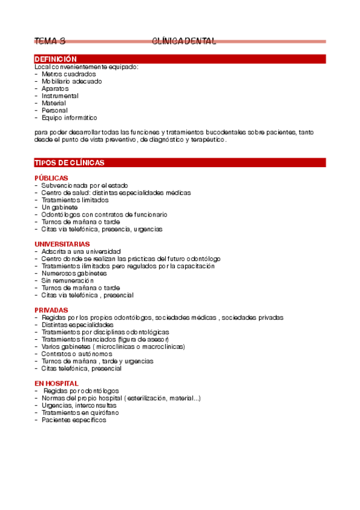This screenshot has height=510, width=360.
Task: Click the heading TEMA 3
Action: [50, 41]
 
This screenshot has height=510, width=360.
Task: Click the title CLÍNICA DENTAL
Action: [184, 41]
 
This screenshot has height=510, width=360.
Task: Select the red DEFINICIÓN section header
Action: [56, 59]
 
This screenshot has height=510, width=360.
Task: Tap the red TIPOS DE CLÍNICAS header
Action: [70, 163]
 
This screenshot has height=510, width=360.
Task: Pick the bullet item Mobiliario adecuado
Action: [72, 81]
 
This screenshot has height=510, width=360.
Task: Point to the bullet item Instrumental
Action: [60, 96]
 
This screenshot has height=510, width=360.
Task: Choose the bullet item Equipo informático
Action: [69, 118]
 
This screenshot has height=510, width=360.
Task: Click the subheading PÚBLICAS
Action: [51, 178]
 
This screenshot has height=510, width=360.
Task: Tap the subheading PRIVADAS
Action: [51, 310]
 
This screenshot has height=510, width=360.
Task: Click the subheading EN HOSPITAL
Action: [56, 383]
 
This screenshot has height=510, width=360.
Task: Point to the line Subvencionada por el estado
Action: [85, 185]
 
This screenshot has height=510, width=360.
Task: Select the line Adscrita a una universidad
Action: [81, 251]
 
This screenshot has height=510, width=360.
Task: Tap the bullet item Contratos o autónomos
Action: [77, 354]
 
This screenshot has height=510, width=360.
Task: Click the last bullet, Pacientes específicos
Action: [73, 420]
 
